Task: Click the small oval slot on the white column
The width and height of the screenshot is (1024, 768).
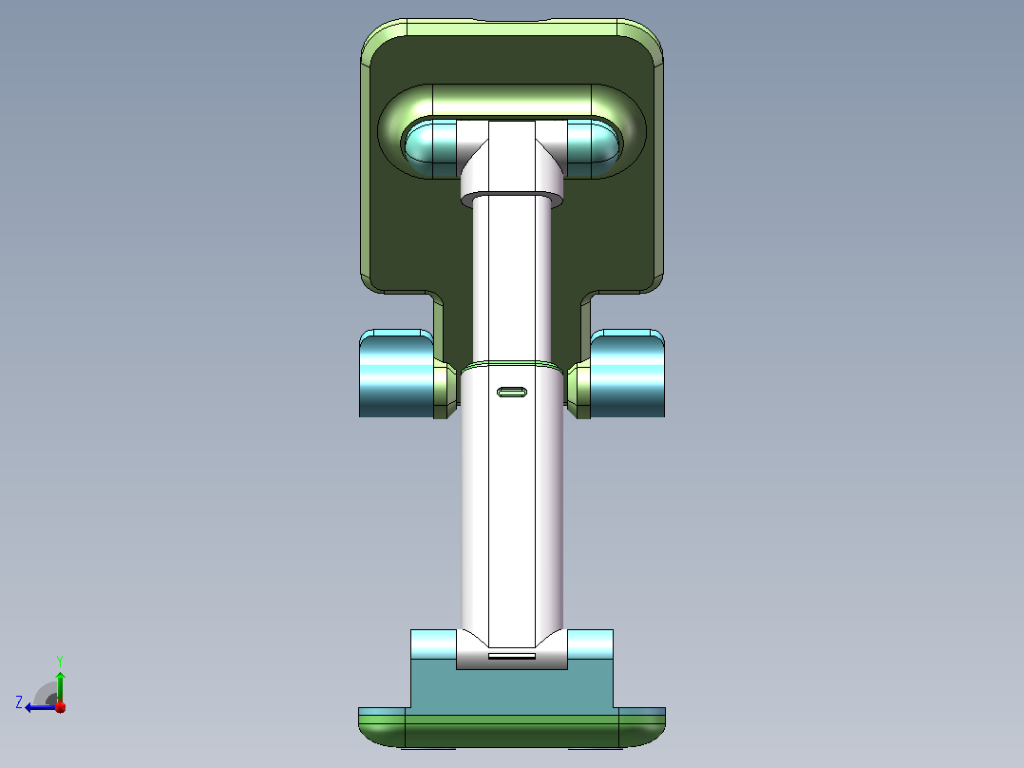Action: (x=512, y=393)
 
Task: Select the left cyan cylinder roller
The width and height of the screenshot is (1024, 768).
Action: (x=396, y=374)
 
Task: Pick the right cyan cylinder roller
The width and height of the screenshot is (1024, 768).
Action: (x=628, y=374)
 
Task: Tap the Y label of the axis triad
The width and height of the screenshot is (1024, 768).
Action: (x=60, y=661)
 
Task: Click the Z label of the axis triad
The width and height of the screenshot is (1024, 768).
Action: (x=19, y=702)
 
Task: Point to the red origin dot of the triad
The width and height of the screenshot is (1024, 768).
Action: (x=60, y=706)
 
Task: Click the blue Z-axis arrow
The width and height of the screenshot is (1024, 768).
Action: (x=41, y=707)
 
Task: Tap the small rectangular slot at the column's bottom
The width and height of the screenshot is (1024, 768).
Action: (x=512, y=656)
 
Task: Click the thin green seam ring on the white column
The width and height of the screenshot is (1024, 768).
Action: (x=512, y=364)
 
